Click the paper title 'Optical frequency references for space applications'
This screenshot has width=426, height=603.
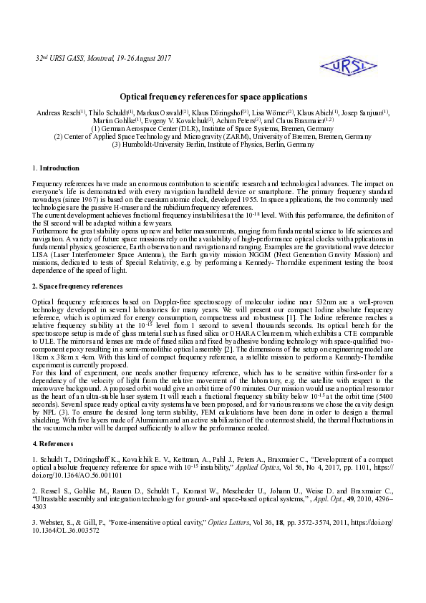(213, 97)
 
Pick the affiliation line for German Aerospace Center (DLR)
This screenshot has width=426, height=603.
(213, 129)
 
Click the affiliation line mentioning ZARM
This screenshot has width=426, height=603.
(213, 137)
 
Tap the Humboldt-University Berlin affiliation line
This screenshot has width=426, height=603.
(213, 145)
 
